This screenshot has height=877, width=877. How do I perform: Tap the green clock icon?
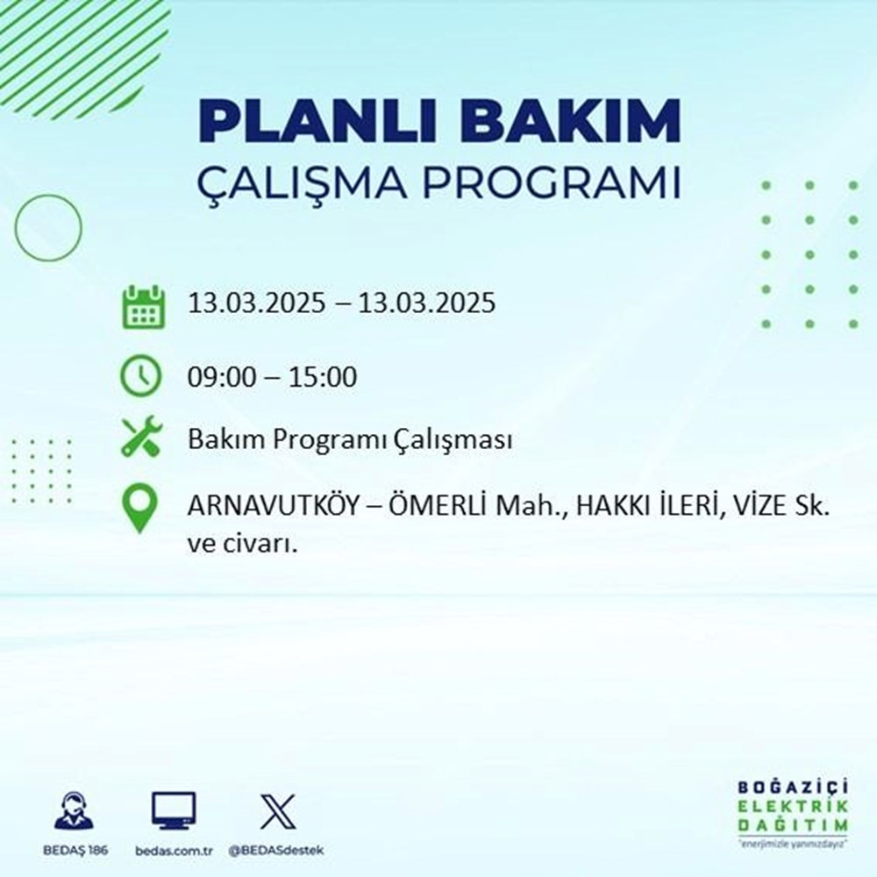click(140, 377)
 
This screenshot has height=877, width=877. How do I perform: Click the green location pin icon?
click(140, 509)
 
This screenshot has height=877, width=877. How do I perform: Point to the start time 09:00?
click(217, 378)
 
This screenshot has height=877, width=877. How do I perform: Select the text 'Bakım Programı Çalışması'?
click(350, 439)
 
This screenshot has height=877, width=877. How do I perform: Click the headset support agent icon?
click(73, 810)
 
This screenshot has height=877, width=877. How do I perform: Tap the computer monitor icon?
click(173, 810)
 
